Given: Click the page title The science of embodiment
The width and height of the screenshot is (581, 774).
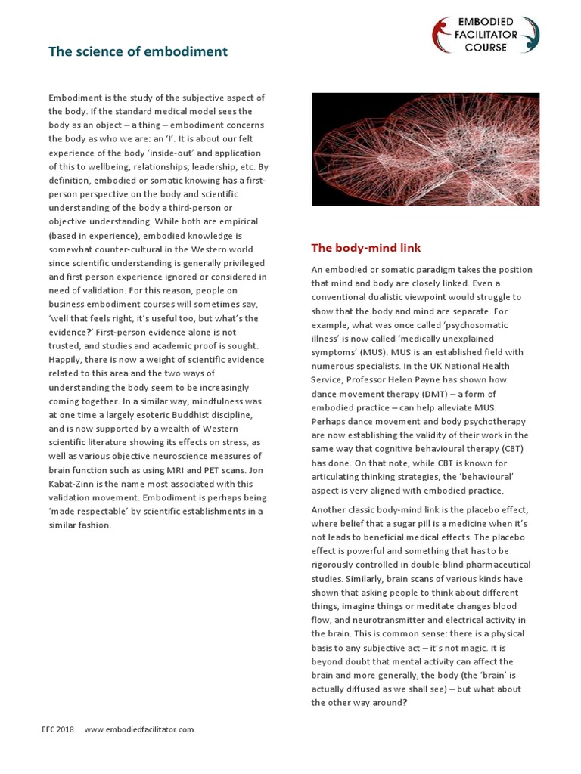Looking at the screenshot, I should coord(138,52).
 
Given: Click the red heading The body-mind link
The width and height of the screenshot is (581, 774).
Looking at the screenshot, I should coord(366,248).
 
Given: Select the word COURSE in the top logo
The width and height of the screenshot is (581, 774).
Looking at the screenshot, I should coord(485,47).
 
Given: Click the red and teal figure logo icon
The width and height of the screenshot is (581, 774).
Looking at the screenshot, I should coord(441,34).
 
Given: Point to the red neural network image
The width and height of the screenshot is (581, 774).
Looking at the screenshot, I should coord(425,149).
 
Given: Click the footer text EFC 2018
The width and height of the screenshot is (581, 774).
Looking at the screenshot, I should coord(58,729).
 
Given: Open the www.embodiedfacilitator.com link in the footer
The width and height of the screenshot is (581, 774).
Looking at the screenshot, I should coord(139,729).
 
